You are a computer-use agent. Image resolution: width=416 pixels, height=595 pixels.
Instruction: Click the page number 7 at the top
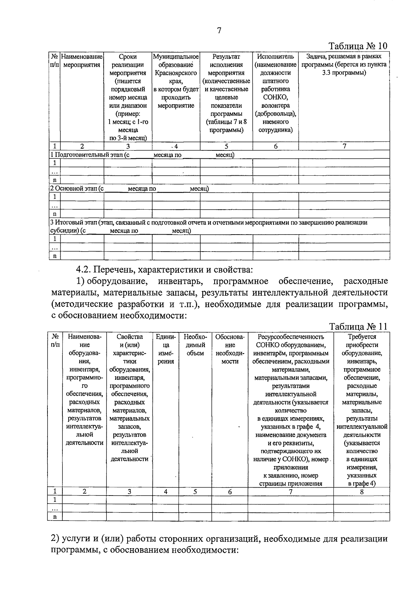tap(219, 30)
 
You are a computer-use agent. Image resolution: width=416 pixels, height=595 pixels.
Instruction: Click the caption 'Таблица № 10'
tap(358, 46)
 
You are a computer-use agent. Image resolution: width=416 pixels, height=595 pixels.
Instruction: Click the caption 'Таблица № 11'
tap(358, 327)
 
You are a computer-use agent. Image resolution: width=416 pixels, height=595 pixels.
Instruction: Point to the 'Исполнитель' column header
tap(275, 56)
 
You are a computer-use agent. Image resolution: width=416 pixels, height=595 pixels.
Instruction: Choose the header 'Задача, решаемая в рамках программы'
tap(344, 61)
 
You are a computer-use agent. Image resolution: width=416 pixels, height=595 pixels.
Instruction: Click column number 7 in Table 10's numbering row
tap(344, 146)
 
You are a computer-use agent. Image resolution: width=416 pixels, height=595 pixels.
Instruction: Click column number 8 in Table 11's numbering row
tap(362, 491)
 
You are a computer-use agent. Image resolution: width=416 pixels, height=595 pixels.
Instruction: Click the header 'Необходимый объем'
tap(195, 345)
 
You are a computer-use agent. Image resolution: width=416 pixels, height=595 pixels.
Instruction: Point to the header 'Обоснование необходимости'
tap(230, 349)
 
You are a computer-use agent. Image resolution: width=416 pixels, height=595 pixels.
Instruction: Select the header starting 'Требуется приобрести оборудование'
tap(362, 345)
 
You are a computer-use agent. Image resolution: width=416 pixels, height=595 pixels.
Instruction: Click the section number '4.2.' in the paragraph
tap(83, 269)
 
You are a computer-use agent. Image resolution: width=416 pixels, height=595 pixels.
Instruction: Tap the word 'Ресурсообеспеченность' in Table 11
tap(291, 336)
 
